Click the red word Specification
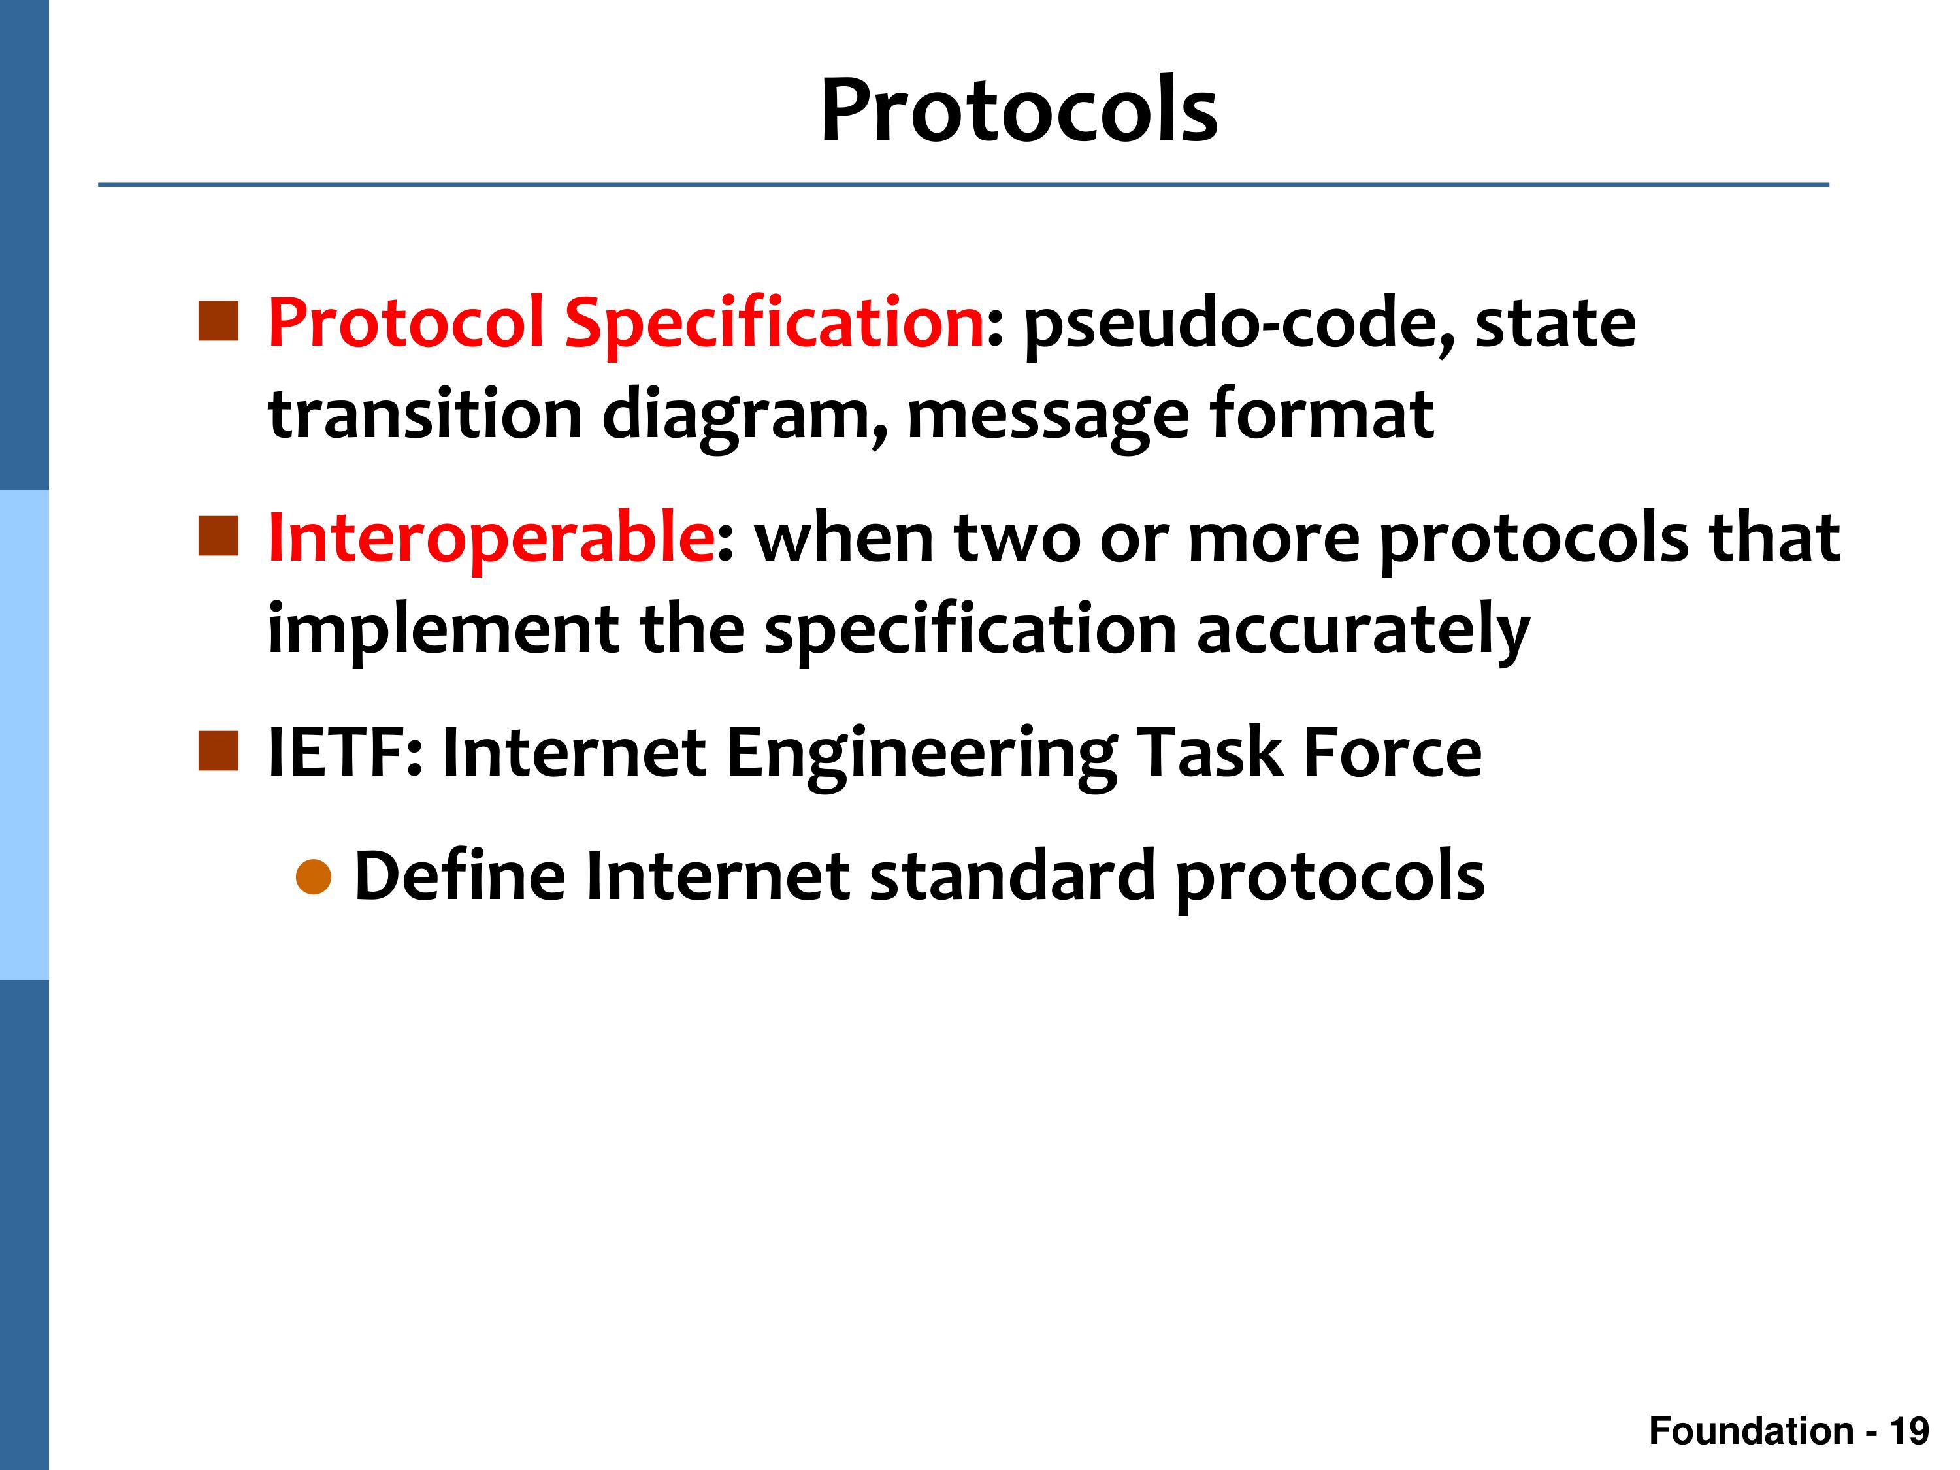click(x=774, y=324)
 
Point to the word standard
click(x=1012, y=875)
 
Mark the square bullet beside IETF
click(x=219, y=752)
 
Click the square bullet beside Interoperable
click(x=219, y=537)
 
